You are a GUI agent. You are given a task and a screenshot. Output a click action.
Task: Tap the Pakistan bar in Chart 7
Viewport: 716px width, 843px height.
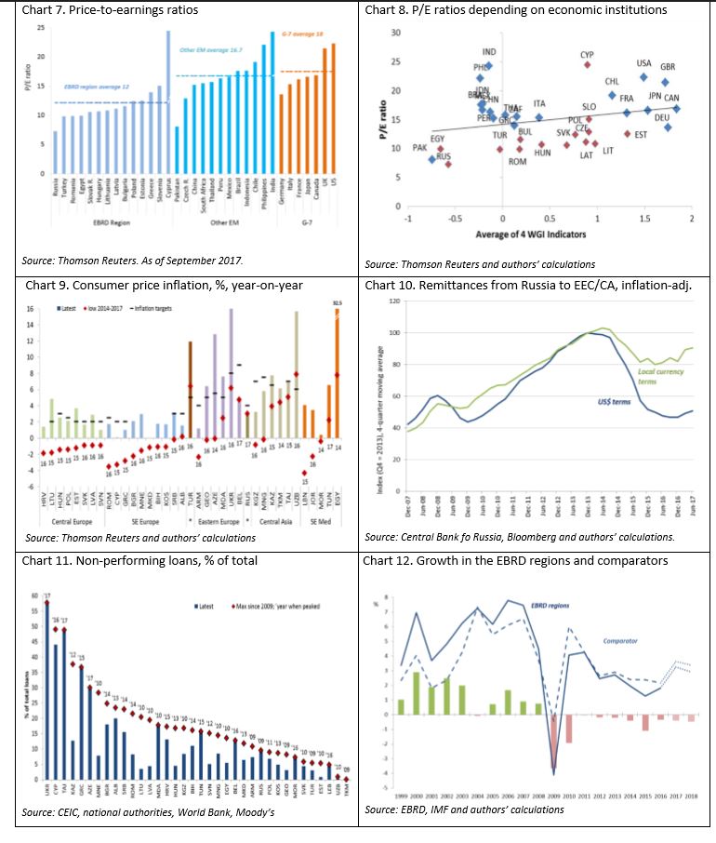click(x=177, y=150)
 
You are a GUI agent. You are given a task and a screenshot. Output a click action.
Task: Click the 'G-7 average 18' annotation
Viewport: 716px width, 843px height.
click(x=298, y=34)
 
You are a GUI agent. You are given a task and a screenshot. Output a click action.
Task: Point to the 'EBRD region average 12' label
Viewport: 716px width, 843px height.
click(x=95, y=85)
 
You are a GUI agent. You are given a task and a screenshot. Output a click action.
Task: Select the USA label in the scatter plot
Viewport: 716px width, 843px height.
click(x=643, y=64)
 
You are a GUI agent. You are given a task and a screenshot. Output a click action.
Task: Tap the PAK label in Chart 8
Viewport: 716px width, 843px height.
click(x=420, y=148)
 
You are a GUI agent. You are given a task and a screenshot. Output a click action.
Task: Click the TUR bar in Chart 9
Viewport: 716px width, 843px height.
click(x=190, y=391)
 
